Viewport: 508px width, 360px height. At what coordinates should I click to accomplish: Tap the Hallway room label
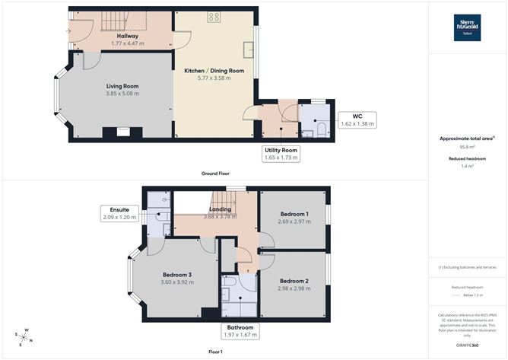tap(126, 36)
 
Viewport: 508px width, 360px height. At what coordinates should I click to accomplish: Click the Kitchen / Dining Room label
tap(214, 71)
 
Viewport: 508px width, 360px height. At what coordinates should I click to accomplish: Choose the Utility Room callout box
tap(281, 155)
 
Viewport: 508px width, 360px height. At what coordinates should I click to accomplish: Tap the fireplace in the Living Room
tap(122, 132)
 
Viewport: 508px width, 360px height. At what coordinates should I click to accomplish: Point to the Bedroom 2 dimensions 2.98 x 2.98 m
tap(293, 288)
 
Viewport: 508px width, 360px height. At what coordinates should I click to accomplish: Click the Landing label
tap(220, 209)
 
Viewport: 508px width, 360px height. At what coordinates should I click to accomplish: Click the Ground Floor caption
tap(215, 174)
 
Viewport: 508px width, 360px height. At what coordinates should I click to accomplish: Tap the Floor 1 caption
tap(214, 352)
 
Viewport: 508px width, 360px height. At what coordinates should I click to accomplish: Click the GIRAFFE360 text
tap(467, 346)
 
